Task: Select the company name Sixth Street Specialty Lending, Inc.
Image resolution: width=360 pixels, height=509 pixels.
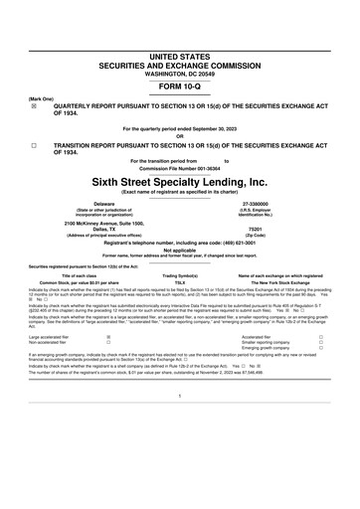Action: [x=180, y=183]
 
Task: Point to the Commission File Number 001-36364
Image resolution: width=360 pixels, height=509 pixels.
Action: [x=180, y=168]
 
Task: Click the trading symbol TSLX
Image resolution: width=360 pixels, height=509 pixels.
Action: [x=181, y=281]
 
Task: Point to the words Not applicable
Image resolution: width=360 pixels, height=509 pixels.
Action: [x=180, y=250]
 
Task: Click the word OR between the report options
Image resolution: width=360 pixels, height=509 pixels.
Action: [x=180, y=136]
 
